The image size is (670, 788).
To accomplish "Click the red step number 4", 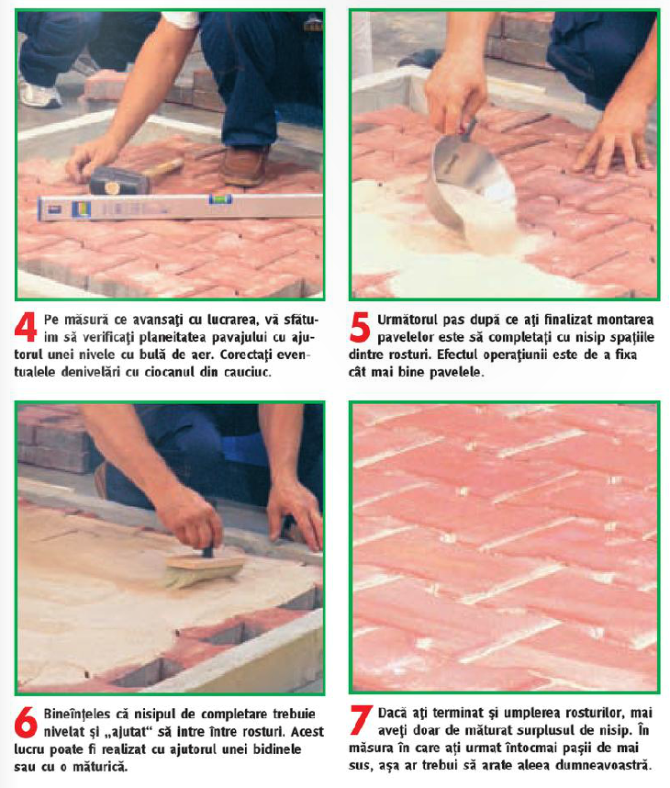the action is (25, 327).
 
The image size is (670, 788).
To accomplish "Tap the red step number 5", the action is (360, 327).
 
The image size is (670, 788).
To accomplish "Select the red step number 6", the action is (26, 722).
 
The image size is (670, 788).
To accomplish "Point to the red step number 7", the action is (361, 720).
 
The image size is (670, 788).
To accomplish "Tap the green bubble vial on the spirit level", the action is (220, 200).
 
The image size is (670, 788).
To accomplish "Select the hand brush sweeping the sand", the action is (204, 568).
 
